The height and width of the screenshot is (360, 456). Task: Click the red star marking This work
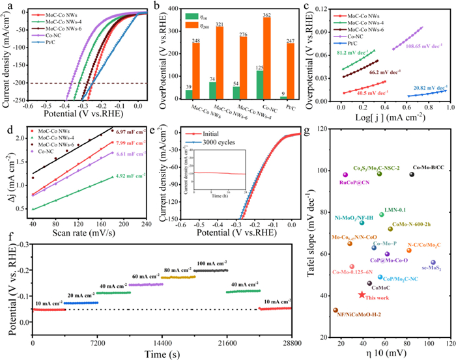pos(362,294)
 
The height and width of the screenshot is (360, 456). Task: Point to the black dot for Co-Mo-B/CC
pos(412,174)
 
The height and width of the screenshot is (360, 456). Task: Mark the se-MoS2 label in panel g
pos(433,268)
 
